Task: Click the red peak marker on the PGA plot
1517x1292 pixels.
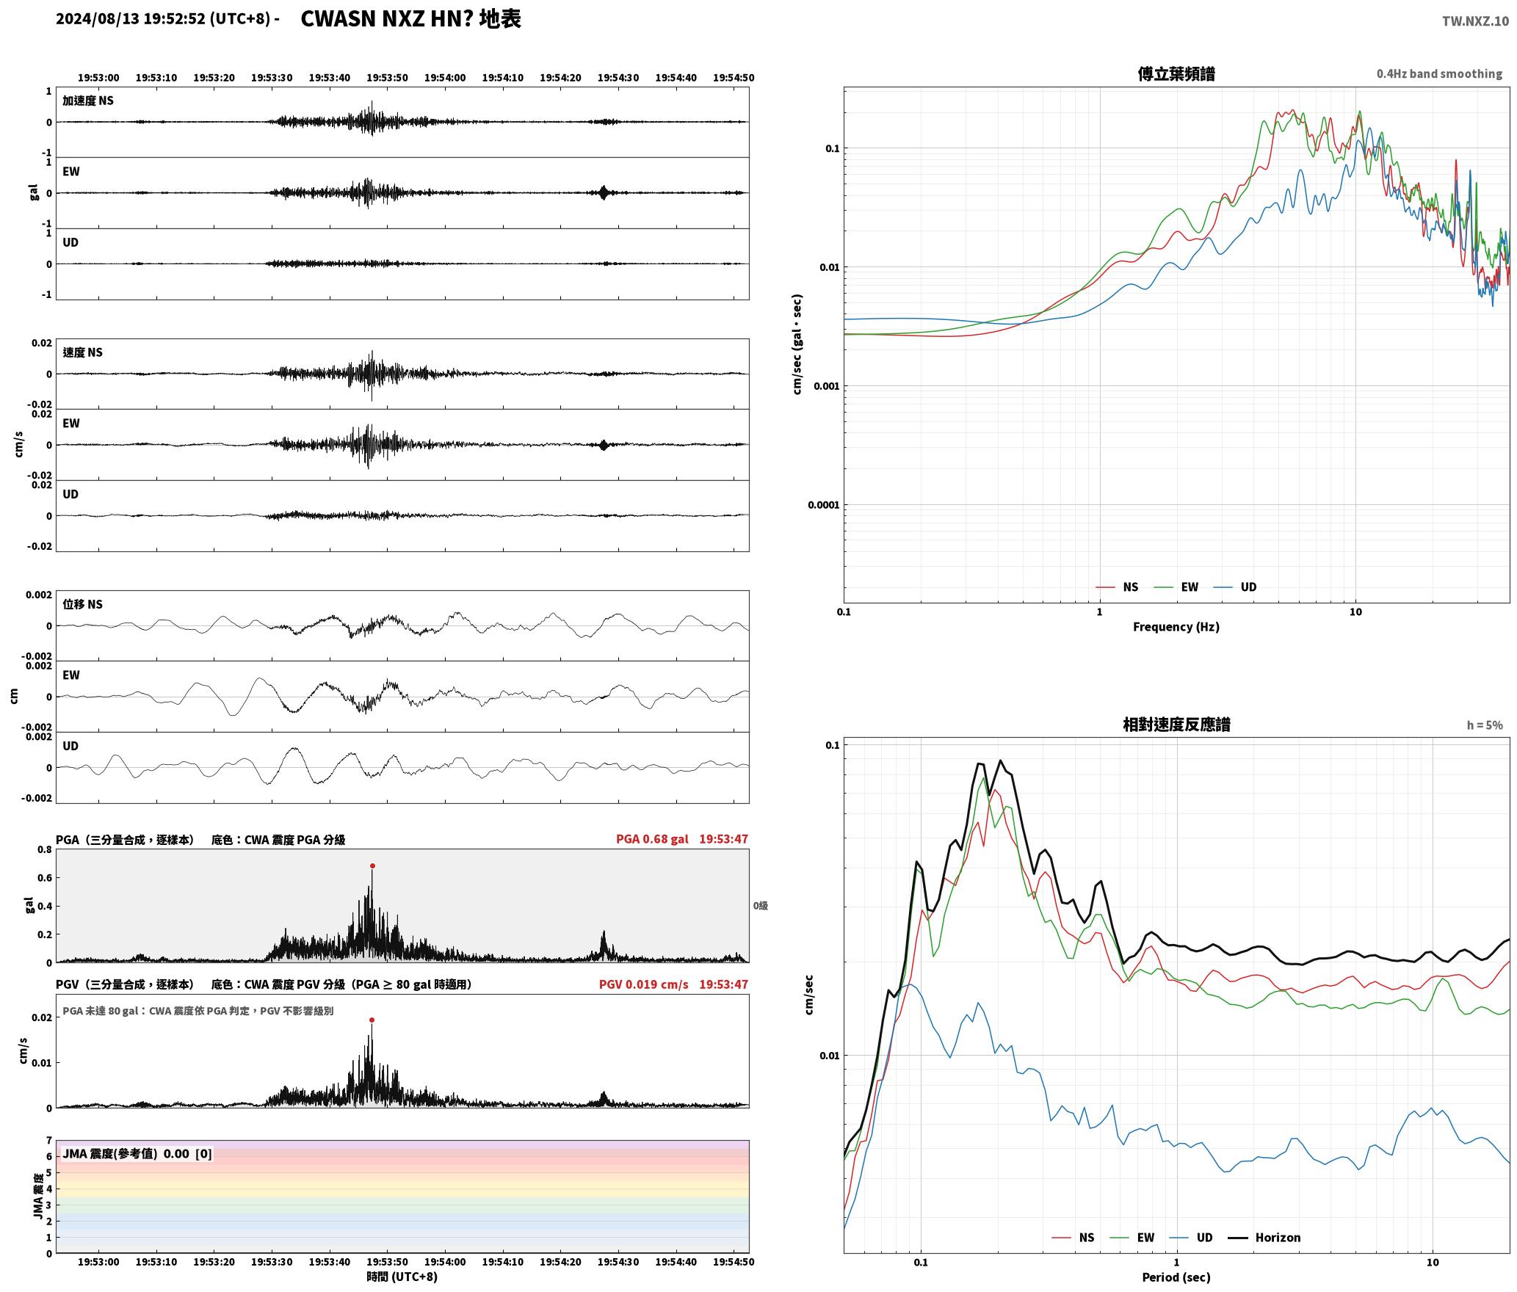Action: pos(372,866)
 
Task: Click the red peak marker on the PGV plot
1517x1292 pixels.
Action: pos(372,1020)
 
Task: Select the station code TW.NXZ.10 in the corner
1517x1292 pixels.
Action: pos(1475,21)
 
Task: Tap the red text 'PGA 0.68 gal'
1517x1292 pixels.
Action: pos(652,839)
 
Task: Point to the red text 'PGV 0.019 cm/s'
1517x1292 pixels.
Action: pos(644,984)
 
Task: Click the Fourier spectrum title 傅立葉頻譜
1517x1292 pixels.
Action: pos(1176,74)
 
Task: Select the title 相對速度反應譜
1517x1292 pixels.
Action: pos(1176,725)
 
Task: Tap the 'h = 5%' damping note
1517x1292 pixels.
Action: pos(1485,725)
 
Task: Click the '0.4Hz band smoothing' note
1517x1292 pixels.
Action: pos(1439,74)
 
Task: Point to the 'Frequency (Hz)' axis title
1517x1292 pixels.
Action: pos(1176,627)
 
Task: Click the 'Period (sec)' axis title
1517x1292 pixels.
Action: pos(1176,1277)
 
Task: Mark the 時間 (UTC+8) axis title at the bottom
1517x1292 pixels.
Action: pos(402,1277)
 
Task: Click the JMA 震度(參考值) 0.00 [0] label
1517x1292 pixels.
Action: pos(137,1154)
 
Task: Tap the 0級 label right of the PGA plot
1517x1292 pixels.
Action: pos(761,906)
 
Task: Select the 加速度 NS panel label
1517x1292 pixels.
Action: pos(88,101)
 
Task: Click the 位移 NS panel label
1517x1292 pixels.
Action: pos(83,604)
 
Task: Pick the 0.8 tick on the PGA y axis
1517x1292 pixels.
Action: pos(45,850)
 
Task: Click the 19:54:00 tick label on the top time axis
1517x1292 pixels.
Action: pos(445,78)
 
